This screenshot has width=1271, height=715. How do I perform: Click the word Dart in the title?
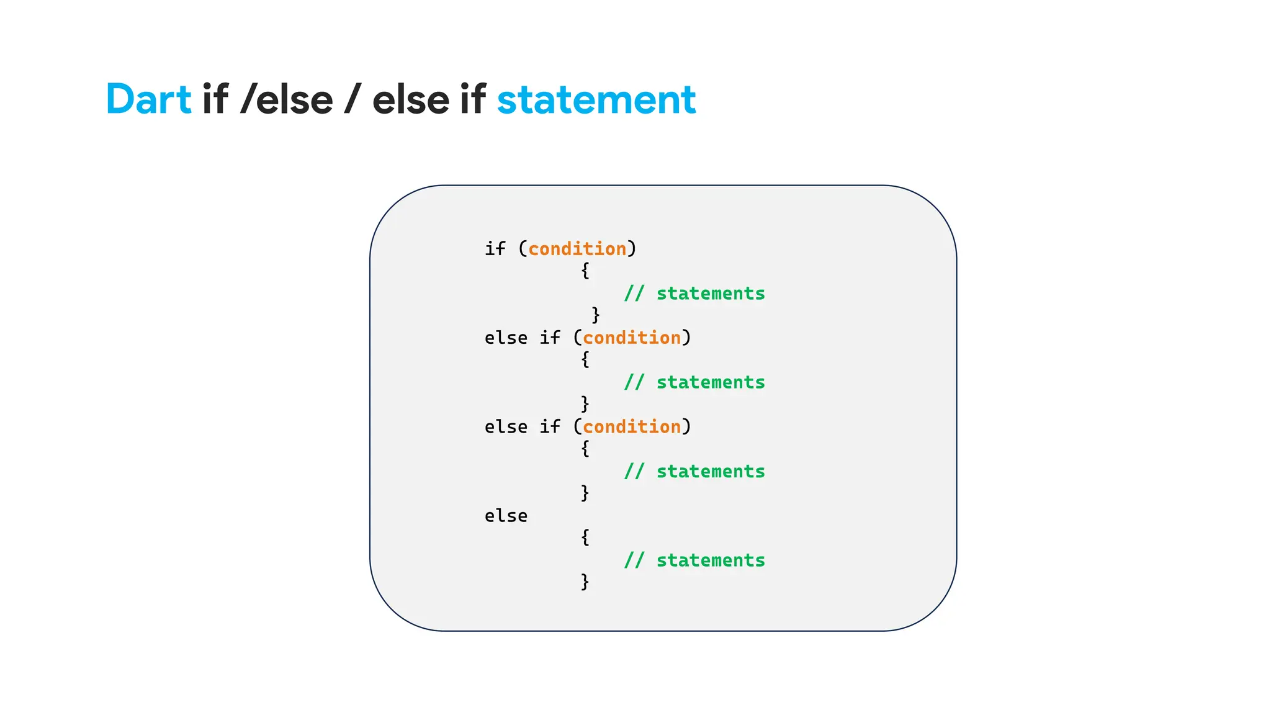coord(148,99)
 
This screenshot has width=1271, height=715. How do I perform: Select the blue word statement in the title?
coord(596,99)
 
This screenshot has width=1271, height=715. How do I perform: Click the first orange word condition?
coord(577,249)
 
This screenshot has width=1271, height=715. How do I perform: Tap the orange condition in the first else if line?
coord(632,338)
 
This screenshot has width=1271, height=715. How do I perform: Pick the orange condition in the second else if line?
coord(632,427)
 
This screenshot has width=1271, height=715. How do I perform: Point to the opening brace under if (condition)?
coord(585,271)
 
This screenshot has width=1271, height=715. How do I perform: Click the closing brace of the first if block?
coord(595,315)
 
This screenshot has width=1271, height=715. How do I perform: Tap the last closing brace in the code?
coord(585,582)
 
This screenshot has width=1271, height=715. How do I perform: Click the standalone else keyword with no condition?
coord(506,516)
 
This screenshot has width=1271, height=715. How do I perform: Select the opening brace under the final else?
coord(585,537)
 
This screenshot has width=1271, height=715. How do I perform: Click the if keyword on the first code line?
coord(495,249)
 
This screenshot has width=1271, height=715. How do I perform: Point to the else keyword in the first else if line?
coord(506,338)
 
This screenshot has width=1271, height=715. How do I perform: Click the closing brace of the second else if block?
coord(585,493)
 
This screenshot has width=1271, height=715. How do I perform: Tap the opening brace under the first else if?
coord(585,359)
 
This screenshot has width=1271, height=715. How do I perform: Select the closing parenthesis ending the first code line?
coord(632,249)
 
